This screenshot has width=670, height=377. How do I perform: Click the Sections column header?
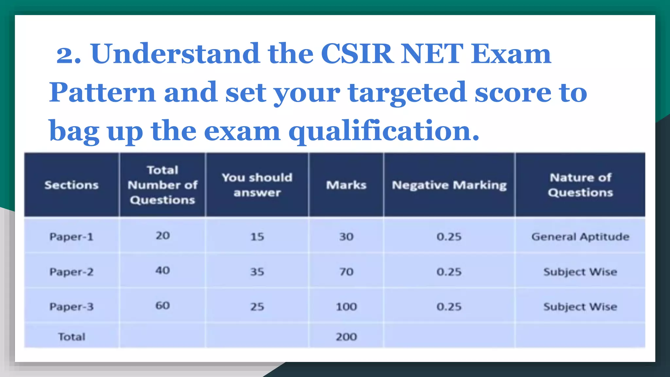pyautogui.click(x=71, y=185)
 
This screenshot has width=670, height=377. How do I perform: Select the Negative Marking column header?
pyautogui.click(x=449, y=185)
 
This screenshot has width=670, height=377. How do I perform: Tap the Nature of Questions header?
pyautogui.click(x=580, y=185)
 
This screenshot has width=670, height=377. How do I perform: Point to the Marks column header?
pyautogui.click(x=346, y=185)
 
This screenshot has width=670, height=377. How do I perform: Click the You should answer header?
pyautogui.click(x=257, y=185)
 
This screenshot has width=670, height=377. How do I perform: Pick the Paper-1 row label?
pyautogui.click(x=71, y=237)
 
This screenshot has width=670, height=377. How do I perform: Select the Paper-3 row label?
pyautogui.click(x=71, y=307)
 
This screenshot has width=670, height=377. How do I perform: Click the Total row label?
pyautogui.click(x=71, y=337)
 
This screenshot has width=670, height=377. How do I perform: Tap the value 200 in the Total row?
pyautogui.click(x=346, y=337)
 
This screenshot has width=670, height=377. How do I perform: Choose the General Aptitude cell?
pyautogui.click(x=580, y=237)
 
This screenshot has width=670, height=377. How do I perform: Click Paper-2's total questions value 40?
pyautogui.click(x=163, y=271)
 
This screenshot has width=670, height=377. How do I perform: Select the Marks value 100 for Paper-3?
pyautogui.click(x=346, y=307)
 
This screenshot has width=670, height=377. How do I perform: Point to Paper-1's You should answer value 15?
pyautogui.click(x=257, y=237)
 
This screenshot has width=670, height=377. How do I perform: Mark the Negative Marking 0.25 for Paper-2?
pyautogui.click(x=449, y=272)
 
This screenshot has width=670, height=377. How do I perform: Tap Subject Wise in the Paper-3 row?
pyautogui.click(x=580, y=307)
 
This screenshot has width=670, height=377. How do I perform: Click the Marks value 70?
pyautogui.click(x=346, y=272)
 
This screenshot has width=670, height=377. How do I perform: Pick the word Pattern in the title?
pyautogui.click(x=102, y=93)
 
